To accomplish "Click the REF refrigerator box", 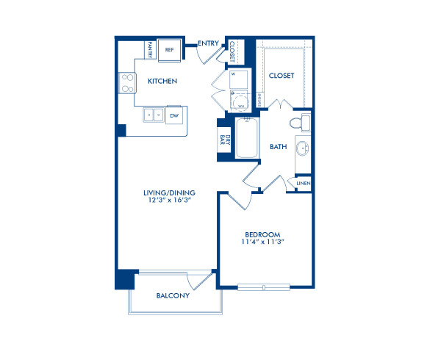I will pyautogui.click(x=169, y=50).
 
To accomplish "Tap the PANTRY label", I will pyautogui.click(x=149, y=50).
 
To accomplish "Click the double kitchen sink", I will pyautogui.click(x=154, y=115).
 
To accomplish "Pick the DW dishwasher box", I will pyautogui.click(x=174, y=115).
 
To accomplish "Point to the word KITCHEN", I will pyautogui.click(x=162, y=81).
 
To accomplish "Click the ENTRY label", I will pyautogui.click(x=207, y=43).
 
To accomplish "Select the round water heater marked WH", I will pyautogui.click(x=240, y=103).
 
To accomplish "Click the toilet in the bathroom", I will pyautogui.click(x=298, y=122).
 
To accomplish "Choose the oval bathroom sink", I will pyautogui.click(x=303, y=150).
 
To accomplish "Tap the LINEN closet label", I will pyautogui.click(x=303, y=183).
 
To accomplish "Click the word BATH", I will pyautogui.click(x=278, y=147).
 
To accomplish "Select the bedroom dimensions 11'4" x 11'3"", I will pyautogui.click(x=264, y=241).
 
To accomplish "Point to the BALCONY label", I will pyautogui.click(x=173, y=296).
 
